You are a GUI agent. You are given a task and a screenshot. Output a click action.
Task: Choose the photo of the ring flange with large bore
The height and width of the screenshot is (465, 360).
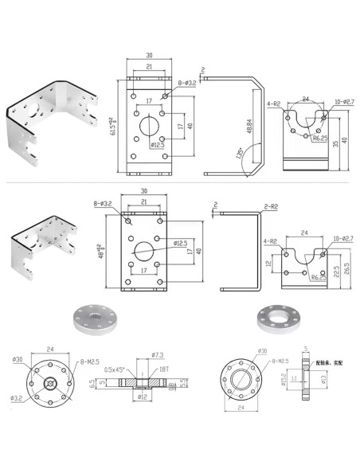[278, 318]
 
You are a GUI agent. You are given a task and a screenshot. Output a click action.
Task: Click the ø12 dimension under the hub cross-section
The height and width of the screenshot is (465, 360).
[143, 397]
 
